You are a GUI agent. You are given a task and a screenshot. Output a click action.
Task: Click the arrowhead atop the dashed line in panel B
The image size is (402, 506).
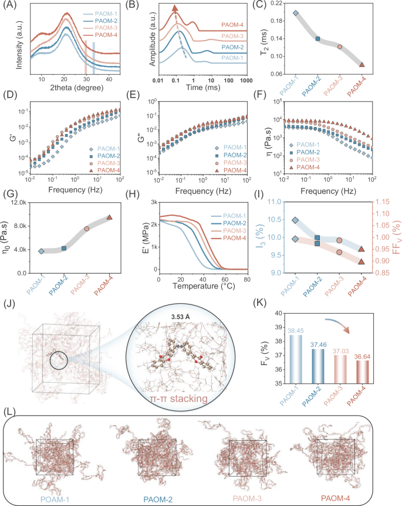pyautogui.click(x=174, y=8)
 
